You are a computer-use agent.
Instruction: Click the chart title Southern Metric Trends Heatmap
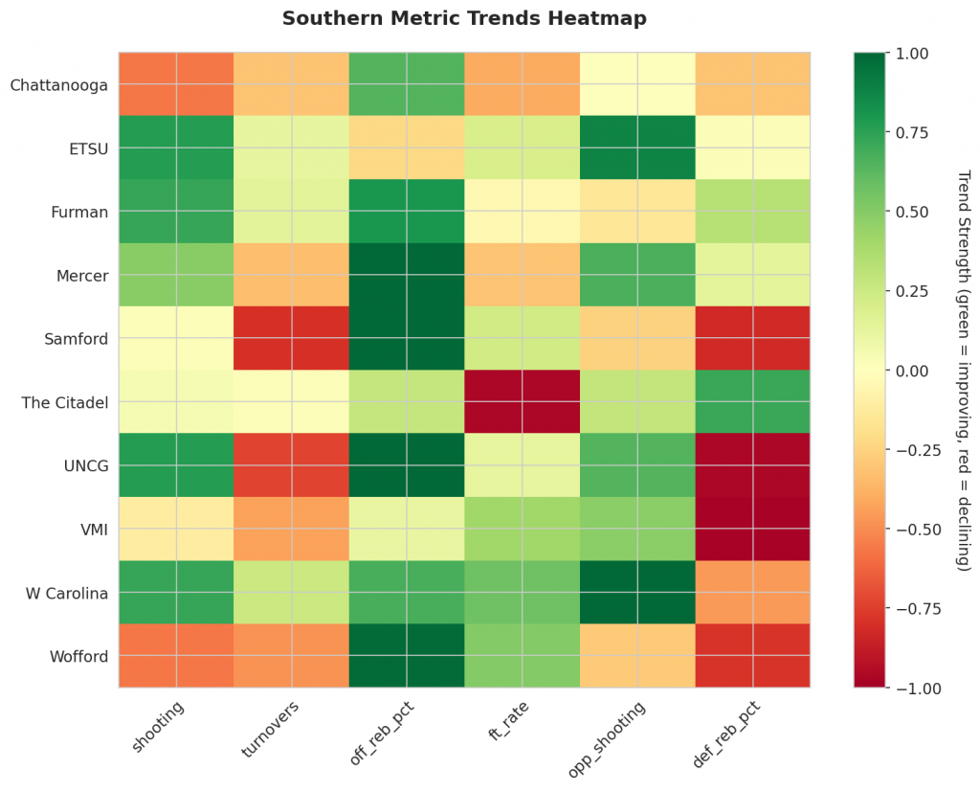pos(464,19)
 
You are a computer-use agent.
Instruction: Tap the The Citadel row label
pos(63,401)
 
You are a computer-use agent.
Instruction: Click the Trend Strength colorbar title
pos(964,370)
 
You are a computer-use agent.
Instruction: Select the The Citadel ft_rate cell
pos(522,401)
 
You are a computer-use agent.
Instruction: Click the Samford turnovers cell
pos(291,338)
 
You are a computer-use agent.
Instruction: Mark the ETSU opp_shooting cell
pos(636,147)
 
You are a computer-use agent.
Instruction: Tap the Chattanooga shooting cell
pos(176,84)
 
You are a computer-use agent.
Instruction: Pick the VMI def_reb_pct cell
pos(752,529)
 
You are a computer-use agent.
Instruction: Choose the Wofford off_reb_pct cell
pos(407,655)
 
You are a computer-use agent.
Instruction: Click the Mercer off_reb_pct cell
pos(407,275)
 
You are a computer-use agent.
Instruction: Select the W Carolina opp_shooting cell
pos(636,592)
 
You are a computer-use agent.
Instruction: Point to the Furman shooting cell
pos(176,211)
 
